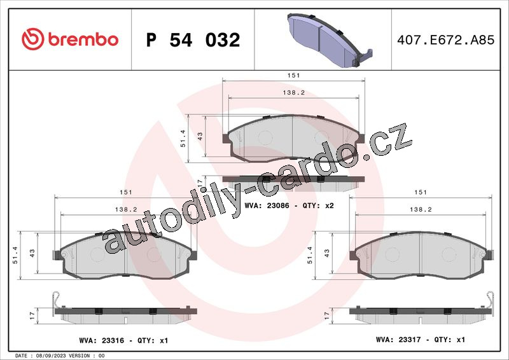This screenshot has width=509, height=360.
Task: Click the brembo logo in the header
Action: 70,39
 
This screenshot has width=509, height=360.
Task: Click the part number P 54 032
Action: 193,40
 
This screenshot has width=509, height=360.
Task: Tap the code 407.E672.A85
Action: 446,40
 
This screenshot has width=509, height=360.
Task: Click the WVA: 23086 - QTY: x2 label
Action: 289,205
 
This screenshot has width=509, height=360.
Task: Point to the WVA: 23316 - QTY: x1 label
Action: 123,340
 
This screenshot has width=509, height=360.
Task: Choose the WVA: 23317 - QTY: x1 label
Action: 421,340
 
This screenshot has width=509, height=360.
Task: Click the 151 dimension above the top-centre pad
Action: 293,75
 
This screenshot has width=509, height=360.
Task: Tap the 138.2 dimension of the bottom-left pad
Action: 126,210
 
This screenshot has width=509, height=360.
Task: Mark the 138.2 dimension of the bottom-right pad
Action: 421,210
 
